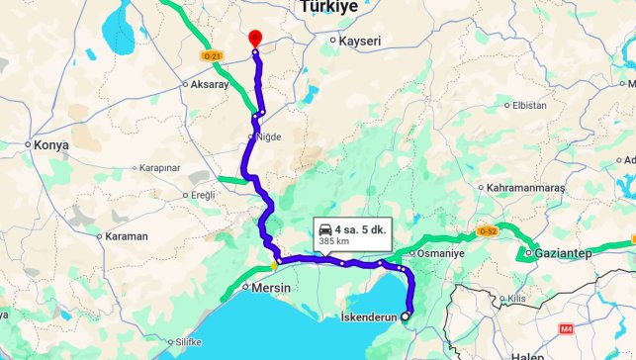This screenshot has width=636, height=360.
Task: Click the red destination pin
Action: point(255,37)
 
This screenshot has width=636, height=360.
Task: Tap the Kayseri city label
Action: point(360,41)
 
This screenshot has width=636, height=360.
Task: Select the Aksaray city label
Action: point(197,85)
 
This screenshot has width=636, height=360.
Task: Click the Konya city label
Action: point(51,144)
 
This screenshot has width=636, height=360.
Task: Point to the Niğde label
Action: point(269,136)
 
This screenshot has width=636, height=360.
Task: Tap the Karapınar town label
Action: point(158,167)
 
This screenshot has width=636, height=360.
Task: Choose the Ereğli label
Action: point(203,195)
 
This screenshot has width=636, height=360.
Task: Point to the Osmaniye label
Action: point(440,253)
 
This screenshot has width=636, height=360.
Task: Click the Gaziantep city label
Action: point(564,253)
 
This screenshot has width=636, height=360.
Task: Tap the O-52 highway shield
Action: point(487,231)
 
